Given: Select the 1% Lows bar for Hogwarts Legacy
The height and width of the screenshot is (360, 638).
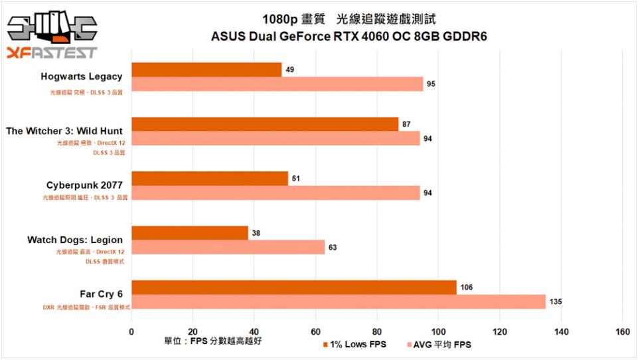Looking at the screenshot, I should (206, 70).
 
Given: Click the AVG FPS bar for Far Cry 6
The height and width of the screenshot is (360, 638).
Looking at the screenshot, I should (339, 302).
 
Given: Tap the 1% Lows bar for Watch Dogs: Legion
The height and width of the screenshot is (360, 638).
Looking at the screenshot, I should (190, 232).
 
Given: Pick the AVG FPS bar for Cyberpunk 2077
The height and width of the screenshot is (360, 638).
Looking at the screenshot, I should (276, 193).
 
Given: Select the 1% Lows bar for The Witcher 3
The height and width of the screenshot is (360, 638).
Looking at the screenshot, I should (265, 124).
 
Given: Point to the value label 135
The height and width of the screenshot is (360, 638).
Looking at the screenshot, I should (556, 302).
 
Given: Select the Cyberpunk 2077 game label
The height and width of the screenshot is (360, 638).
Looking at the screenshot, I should (84, 185).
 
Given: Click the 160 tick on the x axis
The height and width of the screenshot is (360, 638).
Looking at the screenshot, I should (622, 331).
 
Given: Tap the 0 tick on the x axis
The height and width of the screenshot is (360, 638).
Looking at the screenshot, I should (131, 331).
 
